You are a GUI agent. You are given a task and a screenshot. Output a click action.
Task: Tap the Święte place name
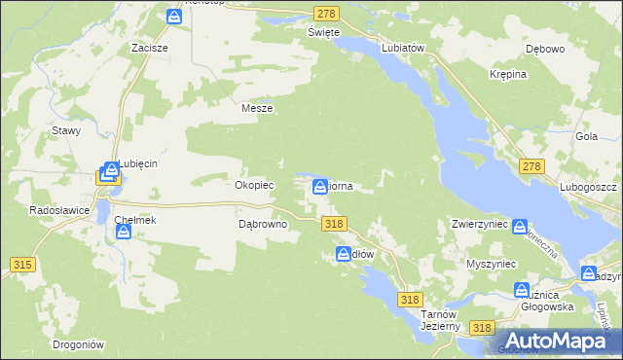[x=323, y=32]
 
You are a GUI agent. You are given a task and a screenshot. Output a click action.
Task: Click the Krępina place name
[x=508, y=74]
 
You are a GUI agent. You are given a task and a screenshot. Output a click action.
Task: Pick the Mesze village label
[x=257, y=109]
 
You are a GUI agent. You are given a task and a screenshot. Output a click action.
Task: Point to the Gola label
[x=586, y=137]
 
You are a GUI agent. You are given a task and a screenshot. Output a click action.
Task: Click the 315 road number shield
[x=23, y=265]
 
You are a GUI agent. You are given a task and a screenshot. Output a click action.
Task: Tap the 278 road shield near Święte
[x=326, y=13]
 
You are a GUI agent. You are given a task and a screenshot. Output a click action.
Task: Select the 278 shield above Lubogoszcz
[x=531, y=168]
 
